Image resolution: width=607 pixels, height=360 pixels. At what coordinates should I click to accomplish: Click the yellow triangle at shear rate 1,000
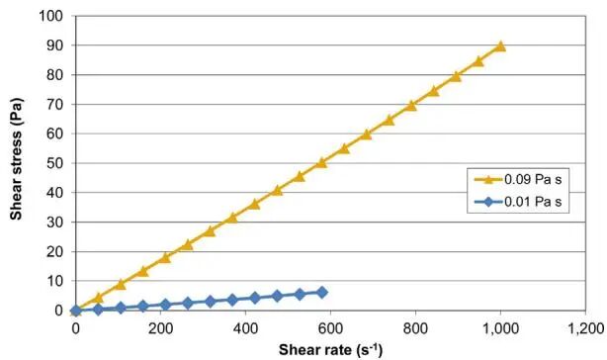[x=500, y=46]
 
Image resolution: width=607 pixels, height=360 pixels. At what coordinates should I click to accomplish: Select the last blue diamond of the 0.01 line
[x=321, y=293]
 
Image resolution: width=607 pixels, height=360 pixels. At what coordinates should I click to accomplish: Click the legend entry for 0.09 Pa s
[x=518, y=179]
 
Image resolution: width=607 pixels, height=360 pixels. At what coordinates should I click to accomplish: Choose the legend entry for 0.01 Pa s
[x=518, y=202]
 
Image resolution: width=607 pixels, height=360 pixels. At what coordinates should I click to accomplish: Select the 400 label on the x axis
[x=245, y=328]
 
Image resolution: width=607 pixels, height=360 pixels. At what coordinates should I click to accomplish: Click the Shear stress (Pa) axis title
[x=16, y=158]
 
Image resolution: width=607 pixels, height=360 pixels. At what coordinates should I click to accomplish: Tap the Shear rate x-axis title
[x=330, y=349]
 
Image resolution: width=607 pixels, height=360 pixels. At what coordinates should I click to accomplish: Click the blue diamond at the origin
[x=76, y=311]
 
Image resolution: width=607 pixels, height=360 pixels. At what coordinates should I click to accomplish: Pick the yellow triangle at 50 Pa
[x=321, y=163]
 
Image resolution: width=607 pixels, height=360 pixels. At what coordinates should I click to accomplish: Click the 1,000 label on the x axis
[x=500, y=328]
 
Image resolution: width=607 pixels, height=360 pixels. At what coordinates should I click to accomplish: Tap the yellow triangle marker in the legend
[x=488, y=179]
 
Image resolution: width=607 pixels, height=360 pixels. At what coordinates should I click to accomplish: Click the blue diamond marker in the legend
[x=488, y=202]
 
